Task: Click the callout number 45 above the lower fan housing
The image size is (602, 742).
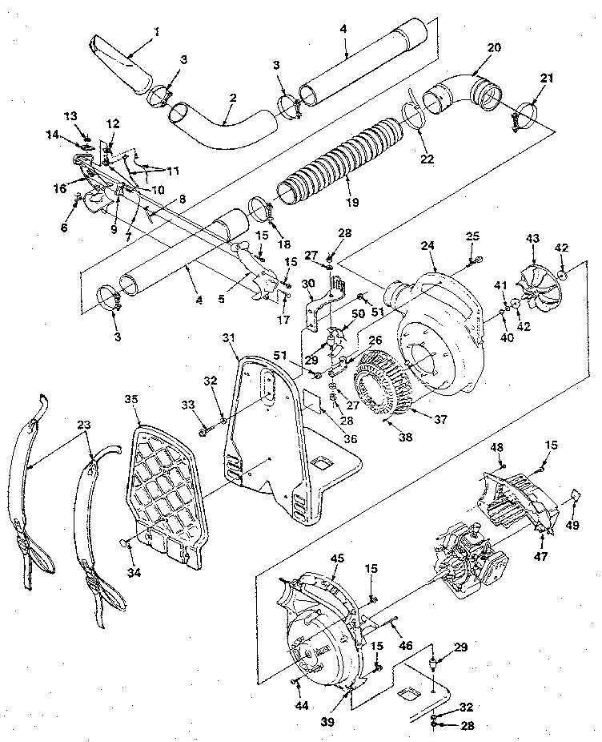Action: point(337,559)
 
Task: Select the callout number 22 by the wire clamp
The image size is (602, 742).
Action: point(427,159)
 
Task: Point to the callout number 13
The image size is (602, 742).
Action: point(70,115)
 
